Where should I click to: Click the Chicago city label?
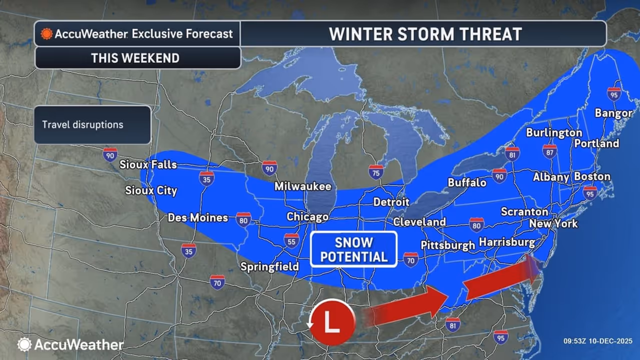[x=307, y=216]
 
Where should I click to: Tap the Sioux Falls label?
[x=148, y=164]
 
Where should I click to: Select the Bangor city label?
[x=613, y=113]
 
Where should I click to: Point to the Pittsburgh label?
[x=447, y=245]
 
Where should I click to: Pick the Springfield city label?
[x=269, y=266]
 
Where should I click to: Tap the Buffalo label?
[x=467, y=182]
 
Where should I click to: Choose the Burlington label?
[x=554, y=132]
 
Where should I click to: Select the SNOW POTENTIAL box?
[x=353, y=249]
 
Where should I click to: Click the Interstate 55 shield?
[x=291, y=241]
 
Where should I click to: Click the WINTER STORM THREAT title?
[x=425, y=34]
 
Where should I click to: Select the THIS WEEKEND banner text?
[x=135, y=58]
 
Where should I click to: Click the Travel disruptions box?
[x=92, y=124]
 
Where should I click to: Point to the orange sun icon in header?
[x=46, y=34]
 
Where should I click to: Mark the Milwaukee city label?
[x=302, y=186]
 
